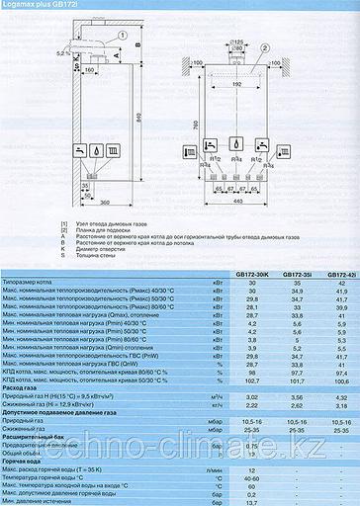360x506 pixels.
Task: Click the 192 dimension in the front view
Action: click(x=237, y=85)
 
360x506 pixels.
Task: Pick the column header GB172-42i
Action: click(x=339, y=247)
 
